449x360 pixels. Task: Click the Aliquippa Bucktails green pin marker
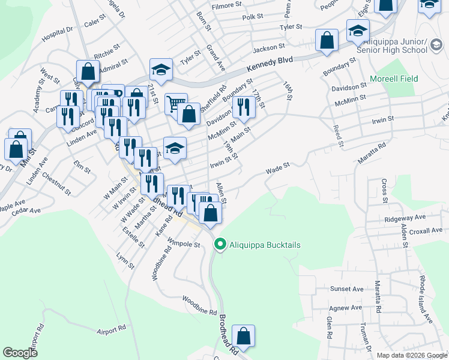pos(220,245)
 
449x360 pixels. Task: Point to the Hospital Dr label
pos(56,33)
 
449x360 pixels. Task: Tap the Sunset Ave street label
pos(346,289)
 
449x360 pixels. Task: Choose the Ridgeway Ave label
pos(405,217)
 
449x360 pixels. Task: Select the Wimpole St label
pos(183,244)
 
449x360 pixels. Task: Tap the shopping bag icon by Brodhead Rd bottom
pos(243,335)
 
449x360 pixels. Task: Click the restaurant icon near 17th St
pos(243,107)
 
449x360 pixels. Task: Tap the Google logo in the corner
pos(20,353)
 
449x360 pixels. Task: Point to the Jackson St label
pos(268,47)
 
